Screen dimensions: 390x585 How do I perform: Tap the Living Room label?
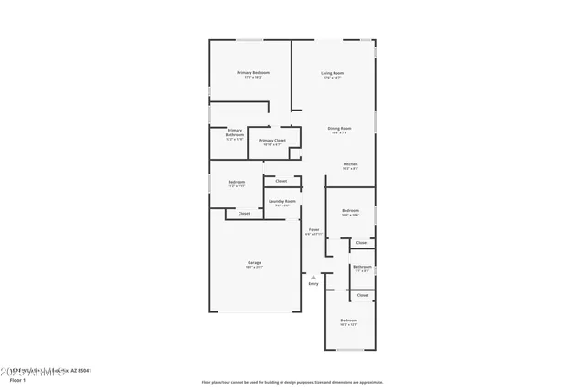tap(332, 72)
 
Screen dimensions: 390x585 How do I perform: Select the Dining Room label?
tap(339, 128)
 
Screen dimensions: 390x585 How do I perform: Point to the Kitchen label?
tap(350, 164)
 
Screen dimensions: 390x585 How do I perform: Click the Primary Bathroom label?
tap(235, 132)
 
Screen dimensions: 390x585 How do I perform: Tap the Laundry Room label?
tap(282, 201)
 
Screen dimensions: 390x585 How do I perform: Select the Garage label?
tap(253, 263)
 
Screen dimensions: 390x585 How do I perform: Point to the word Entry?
tap(314, 284)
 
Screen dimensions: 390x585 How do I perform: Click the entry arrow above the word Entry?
tap(314, 276)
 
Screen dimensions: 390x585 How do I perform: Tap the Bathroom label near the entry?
tap(362, 266)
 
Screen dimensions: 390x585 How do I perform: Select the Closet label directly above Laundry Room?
tap(282, 181)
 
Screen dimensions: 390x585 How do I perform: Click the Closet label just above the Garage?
tap(243, 214)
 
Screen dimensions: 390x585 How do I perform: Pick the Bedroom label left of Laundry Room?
tap(236, 182)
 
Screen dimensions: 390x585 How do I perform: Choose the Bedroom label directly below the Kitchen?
tap(351, 211)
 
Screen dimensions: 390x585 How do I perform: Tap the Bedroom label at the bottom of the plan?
tap(349, 321)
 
